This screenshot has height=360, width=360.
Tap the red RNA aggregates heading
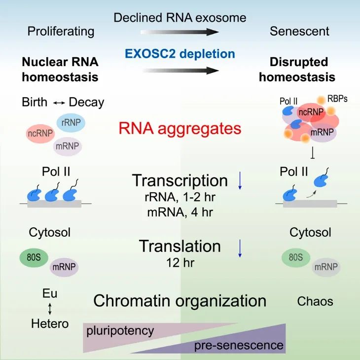coord(180,129)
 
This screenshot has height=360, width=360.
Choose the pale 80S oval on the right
coord(295,257)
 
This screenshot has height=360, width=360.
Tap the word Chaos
coord(315,301)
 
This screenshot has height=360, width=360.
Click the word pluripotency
coord(120,330)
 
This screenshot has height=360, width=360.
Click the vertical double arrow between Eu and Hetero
coord(50,309)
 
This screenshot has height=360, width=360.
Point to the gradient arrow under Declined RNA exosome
coord(180,32)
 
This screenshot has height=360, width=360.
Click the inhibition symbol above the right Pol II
coord(313,154)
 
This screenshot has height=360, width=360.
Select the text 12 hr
coord(180,262)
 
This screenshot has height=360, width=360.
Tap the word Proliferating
coord(61,32)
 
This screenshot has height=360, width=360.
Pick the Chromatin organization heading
coord(180,301)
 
